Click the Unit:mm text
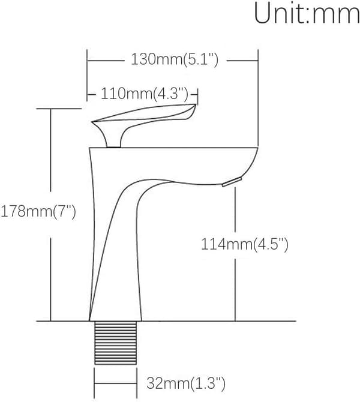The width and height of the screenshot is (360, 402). pyautogui.click(x=307, y=13)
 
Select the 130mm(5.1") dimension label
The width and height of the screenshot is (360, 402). pyautogui.click(x=175, y=60)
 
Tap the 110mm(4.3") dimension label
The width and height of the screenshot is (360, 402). pyautogui.click(x=145, y=94)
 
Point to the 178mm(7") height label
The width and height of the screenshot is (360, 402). pyautogui.click(x=38, y=212)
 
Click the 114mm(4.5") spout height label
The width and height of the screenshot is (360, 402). pyautogui.click(x=245, y=244)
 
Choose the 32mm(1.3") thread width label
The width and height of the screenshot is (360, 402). pyautogui.click(x=186, y=383)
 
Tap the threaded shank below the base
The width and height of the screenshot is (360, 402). pyautogui.click(x=115, y=343)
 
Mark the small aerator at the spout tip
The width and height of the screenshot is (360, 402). pyautogui.click(x=232, y=182)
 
